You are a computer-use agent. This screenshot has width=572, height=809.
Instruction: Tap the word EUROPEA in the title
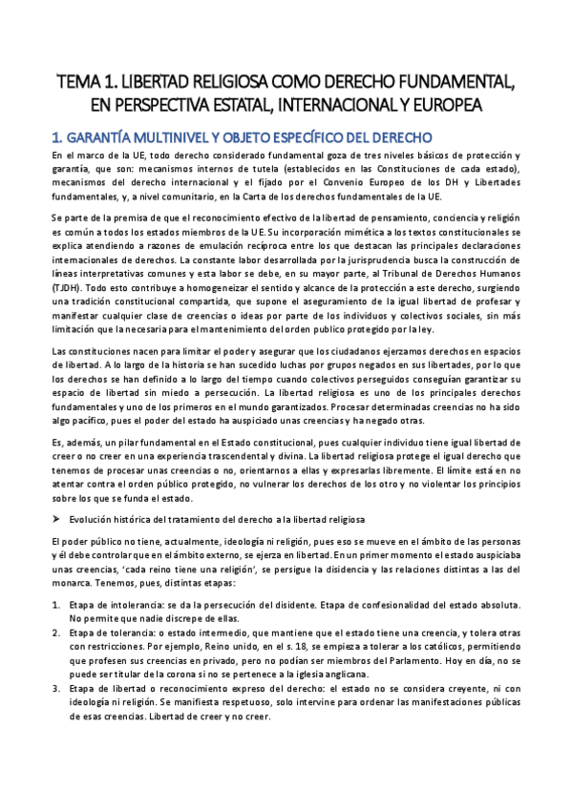472,103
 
